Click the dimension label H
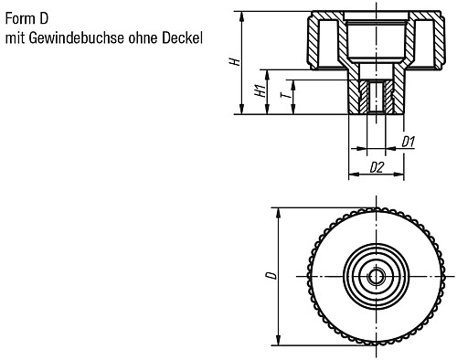[x=234, y=61]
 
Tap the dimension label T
[x=286, y=96]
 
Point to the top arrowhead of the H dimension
[x=242, y=15]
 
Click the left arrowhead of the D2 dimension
[x=353, y=174]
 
